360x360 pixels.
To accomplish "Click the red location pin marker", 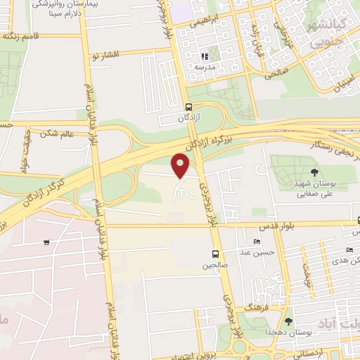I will pyautogui.click(x=181, y=165).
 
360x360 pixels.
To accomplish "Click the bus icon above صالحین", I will pyautogui.click(x=214, y=254).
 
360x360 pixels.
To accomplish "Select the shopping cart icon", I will pyautogui.click(x=46, y=243).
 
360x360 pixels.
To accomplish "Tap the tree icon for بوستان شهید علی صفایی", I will pyautogui.click(x=314, y=173).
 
